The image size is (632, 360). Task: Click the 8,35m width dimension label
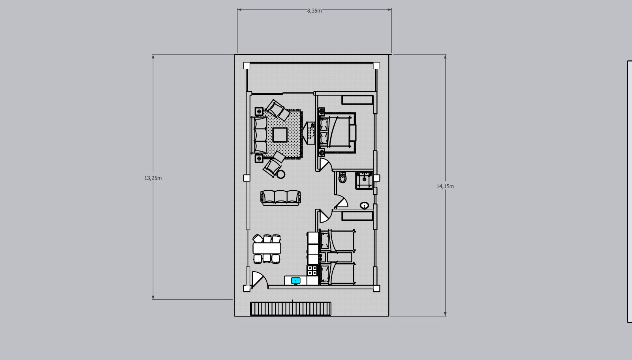pyautogui.click(x=314, y=11)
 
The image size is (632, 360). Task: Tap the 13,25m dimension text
pyautogui.click(x=153, y=178)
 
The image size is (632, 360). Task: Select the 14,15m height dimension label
pyautogui.click(x=445, y=186)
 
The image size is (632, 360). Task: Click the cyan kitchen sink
pyautogui.click(x=295, y=281)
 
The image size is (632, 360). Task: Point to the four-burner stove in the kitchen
pyautogui.click(x=312, y=270)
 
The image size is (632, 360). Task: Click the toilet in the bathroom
pyautogui.click(x=342, y=177)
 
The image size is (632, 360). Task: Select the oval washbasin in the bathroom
pyautogui.click(x=364, y=205)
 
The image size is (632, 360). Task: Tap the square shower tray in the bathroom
pyautogui.click(x=364, y=180)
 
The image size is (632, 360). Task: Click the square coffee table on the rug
pyautogui.click(x=280, y=135)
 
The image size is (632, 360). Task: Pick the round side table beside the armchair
pyautogui.click(x=281, y=174)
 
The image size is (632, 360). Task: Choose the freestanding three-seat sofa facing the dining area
pyautogui.click(x=280, y=197)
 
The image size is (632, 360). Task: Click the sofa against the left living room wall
pyautogui.click(x=259, y=135)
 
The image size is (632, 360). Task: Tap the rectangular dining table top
pyautogui.click(x=267, y=248)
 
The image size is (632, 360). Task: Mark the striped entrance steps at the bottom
pyautogui.click(x=291, y=309)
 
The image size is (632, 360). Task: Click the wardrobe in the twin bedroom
pyautogui.click(x=357, y=216)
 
